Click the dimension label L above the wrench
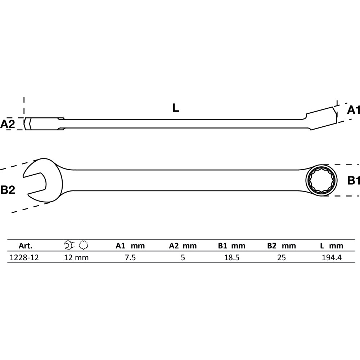pyautogui.click(x=176, y=108)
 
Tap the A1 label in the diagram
pyautogui.click(x=353, y=110)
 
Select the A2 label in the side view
pyautogui.click(x=8, y=124)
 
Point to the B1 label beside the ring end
pyautogui.click(x=354, y=180)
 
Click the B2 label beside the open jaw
pyautogui.click(x=8, y=190)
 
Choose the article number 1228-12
pyautogui.click(x=24, y=257)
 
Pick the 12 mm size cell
pyautogui.click(x=76, y=257)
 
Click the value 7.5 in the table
pyautogui.click(x=130, y=257)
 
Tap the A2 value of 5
pyautogui.click(x=183, y=257)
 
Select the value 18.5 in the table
pyautogui.click(x=231, y=257)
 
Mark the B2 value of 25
pyautogui.click(x=282, y=257)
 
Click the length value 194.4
pyautogui.click(x=332, y=257)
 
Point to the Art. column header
pyautogui.click(x=26, y=246)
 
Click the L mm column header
pyautogui.click(x=332, y=246)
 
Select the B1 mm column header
pyautogui.click(x=231, y=246)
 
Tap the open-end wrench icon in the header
pyautogui.click(x=69, y=245)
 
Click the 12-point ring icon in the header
pyautogui.click(x=84, y=245)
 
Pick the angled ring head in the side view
pyautogui.click(x=321, y=118)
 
